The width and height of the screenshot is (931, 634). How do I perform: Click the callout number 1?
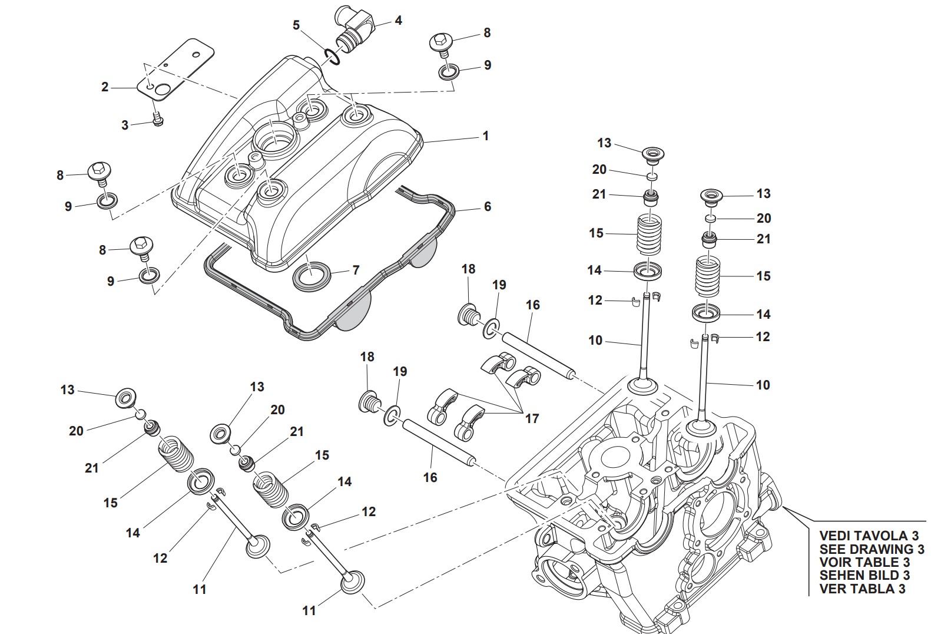486,136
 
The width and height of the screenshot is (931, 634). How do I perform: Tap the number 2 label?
105,87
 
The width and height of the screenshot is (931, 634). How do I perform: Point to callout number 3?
125,125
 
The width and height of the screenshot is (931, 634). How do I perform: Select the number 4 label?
398,21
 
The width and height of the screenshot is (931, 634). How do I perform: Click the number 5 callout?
296,25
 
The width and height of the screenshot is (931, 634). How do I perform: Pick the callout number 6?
487,207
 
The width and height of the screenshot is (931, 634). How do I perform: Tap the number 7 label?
356,270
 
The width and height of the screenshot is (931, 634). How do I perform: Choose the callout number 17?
532,418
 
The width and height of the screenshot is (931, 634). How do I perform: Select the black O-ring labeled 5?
331,57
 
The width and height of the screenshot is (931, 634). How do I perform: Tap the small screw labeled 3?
157,120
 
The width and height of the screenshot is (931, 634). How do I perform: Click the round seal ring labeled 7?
312,275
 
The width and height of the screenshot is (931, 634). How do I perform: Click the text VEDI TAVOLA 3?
868,536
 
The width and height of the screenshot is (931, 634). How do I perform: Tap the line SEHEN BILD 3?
864,575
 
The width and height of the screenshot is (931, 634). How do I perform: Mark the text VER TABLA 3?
862,588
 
